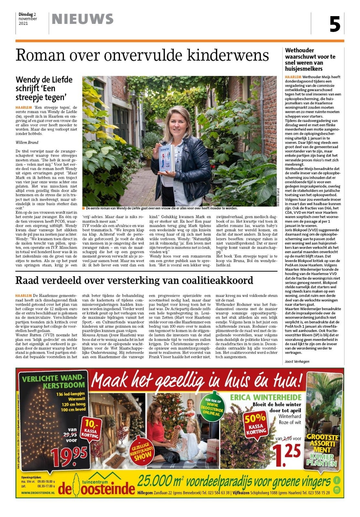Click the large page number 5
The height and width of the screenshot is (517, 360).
coord(335,24)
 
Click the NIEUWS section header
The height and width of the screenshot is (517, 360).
coord(83,19)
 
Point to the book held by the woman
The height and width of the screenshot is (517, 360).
coord(167,158)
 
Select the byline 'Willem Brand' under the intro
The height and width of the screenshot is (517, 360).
coord(27,142)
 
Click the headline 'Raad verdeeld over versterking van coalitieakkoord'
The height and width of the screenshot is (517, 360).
coord(134,280)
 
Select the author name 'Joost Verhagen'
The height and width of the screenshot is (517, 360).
coord(297,361)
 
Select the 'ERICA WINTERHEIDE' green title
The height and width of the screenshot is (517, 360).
coord(265,397)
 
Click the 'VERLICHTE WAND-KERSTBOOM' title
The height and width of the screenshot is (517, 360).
coord(53,381)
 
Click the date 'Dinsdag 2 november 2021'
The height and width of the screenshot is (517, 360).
coord(27,19)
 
